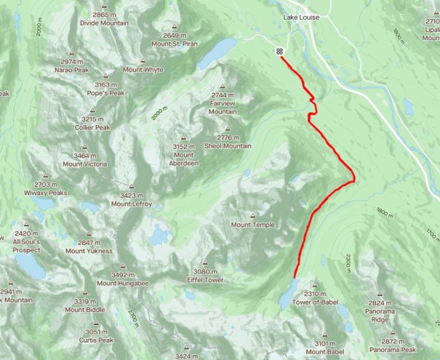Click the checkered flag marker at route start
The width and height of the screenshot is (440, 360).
[279, 52]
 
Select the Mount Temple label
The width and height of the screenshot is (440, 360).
[252, 225]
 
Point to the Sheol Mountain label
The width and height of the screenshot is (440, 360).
[228, 145]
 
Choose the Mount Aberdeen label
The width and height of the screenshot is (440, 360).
[184, 159]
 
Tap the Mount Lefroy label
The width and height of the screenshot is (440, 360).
[132, 204]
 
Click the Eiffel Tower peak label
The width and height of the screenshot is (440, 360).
[204, 280]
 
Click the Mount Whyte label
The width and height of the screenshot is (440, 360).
[143, 70]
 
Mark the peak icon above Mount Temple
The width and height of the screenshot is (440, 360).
[252, 215]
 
